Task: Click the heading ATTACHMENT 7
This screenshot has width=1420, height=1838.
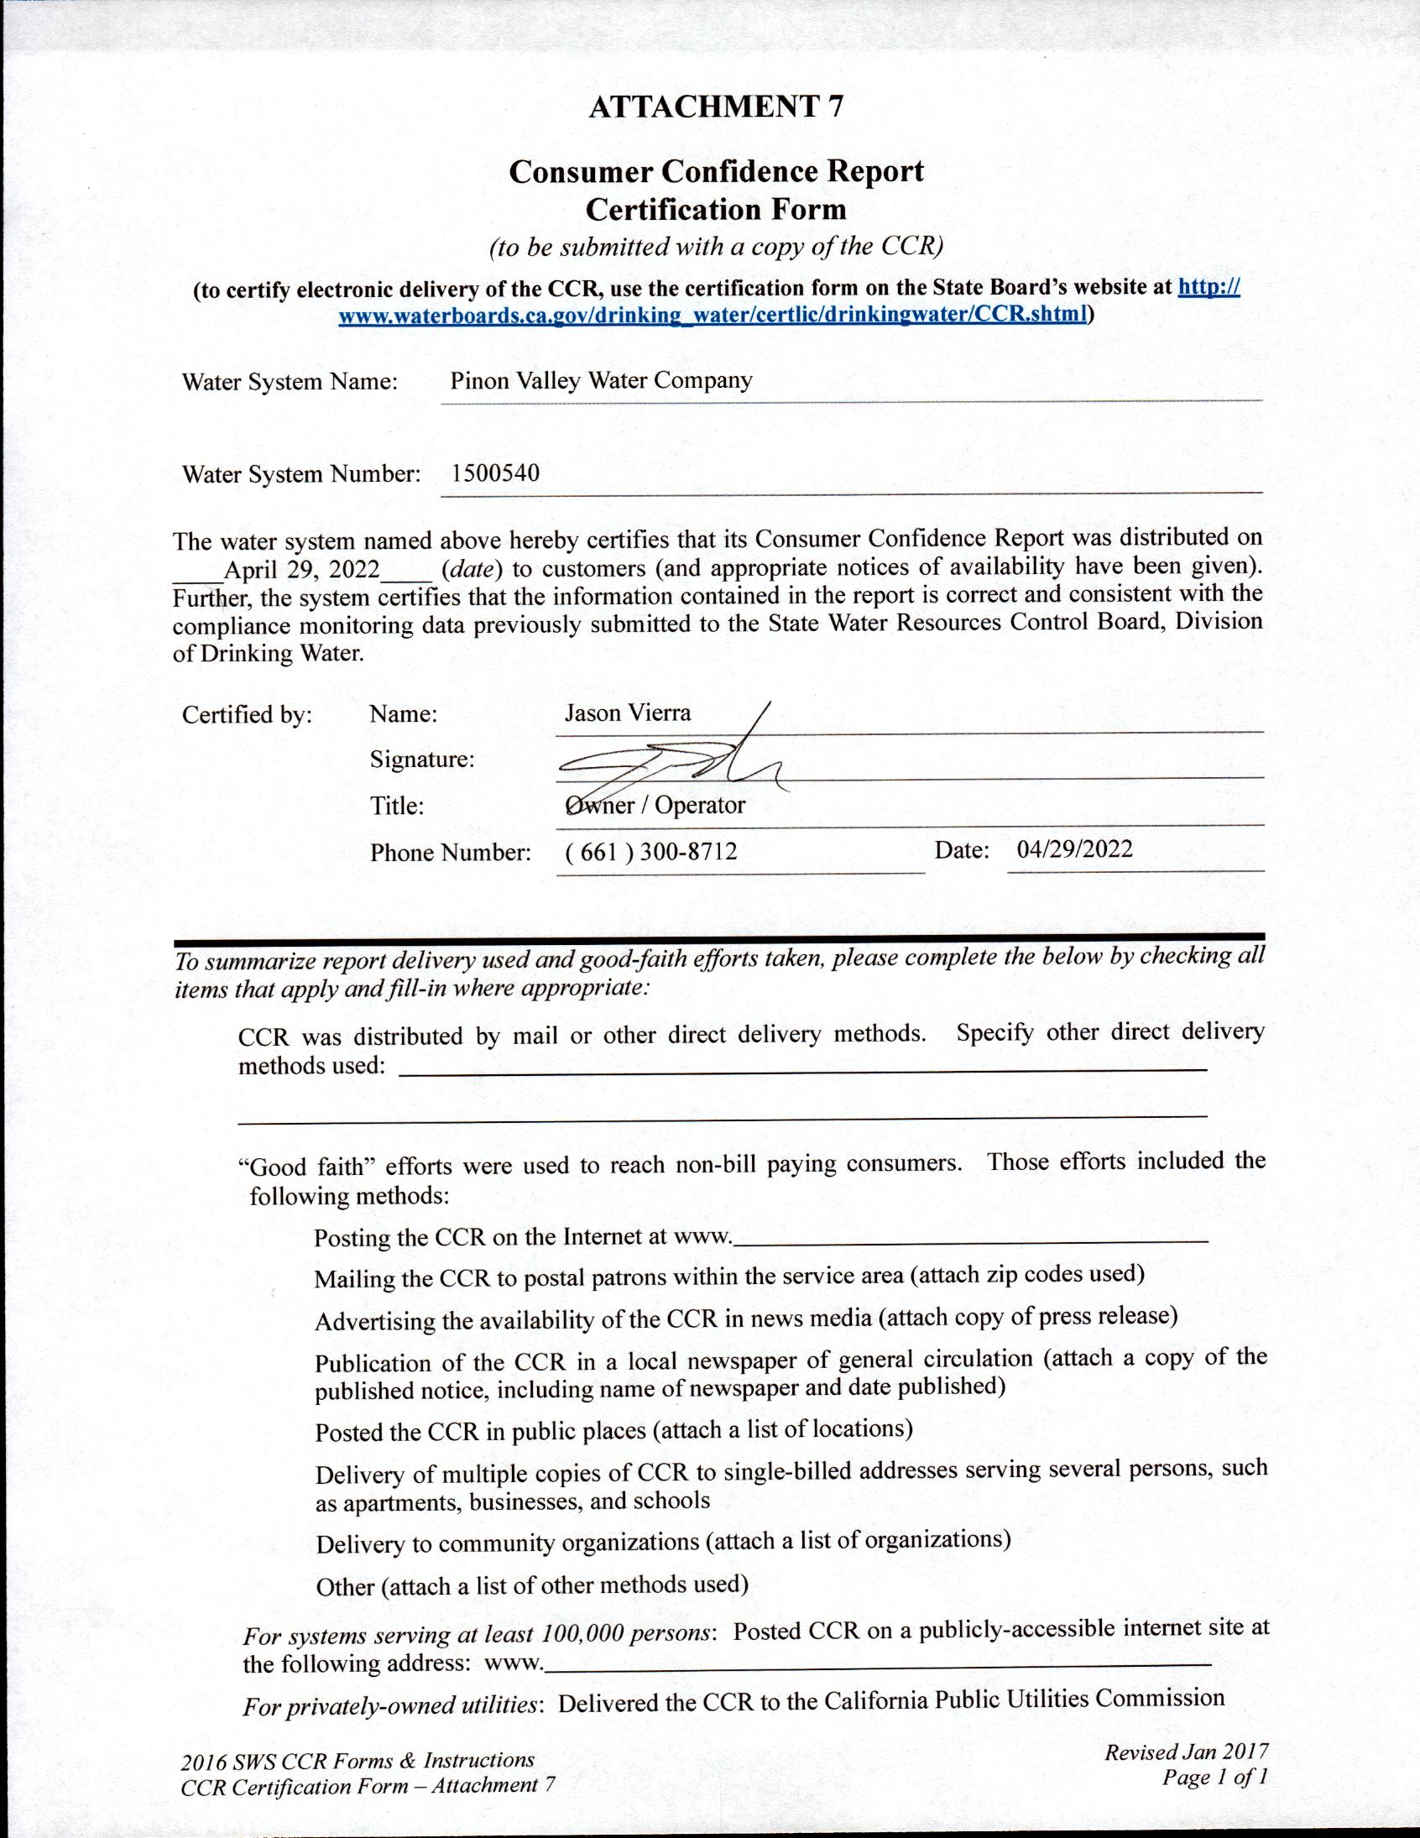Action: click(x=715, y=107)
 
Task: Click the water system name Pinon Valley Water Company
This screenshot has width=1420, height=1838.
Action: click(x=600, y=380)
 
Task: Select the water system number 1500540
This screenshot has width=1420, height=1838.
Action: click(x=495, y=473)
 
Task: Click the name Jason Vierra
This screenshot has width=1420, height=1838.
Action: click(x=627, y=713)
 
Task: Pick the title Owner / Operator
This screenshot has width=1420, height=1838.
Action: click(x=655, y=806)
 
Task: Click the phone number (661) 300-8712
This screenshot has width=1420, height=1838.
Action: click(x=650, y=852)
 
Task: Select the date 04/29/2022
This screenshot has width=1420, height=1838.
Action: click(x=1074, y=849)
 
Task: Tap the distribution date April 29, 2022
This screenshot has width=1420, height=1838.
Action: click(x=302, y=570)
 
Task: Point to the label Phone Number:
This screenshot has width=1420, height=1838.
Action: click(x=451, y=853)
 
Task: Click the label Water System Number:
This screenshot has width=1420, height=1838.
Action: click(x=300, y=474)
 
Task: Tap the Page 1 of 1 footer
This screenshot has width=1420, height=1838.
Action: click(x=1214, y=1777)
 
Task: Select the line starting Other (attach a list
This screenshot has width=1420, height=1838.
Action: click(x=532, y=1587)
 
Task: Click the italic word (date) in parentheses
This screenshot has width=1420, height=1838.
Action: click(x=472, y=570)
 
